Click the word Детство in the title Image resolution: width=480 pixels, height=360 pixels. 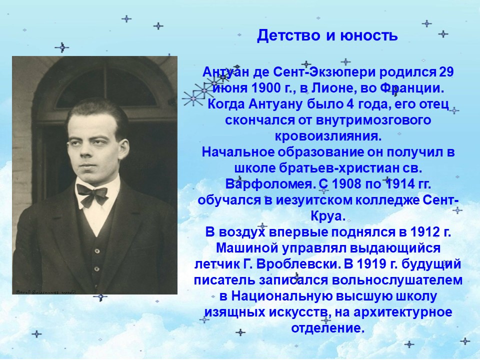(x=288, y=35)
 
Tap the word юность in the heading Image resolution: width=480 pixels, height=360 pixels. (x=369, y=36)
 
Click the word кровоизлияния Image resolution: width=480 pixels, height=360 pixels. (x=328, y=136)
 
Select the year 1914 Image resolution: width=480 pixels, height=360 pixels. (x=398, y=184)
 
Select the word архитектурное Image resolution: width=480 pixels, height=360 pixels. (x=403, y=312)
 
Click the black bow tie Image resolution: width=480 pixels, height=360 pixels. (x=92, y=194)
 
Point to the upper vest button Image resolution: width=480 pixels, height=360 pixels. (x=97, y=251)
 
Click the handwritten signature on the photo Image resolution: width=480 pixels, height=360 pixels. (x=44, y=291)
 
